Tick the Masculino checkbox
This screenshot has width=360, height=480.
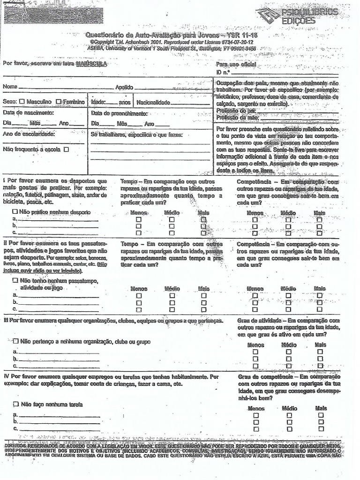click(22, 102)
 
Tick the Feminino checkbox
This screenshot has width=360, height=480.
click(58, 102)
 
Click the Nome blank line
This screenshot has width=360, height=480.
click(66, 87)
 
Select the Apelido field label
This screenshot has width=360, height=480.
click(124, 87)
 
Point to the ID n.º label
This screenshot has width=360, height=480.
click(223, 72)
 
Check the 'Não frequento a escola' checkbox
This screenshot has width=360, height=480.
click(66, 150)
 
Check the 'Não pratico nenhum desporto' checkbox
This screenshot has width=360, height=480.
click(15, 212)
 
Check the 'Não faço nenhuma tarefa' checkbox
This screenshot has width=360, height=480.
click(15, 404)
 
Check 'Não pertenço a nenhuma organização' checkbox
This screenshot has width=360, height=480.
click(16, 342)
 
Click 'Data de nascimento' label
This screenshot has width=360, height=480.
click(28, 113)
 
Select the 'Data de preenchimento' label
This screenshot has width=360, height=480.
click(119, 113)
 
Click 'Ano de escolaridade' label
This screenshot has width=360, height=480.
click(29, 134)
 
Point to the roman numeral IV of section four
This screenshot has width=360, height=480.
click(7, 376)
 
